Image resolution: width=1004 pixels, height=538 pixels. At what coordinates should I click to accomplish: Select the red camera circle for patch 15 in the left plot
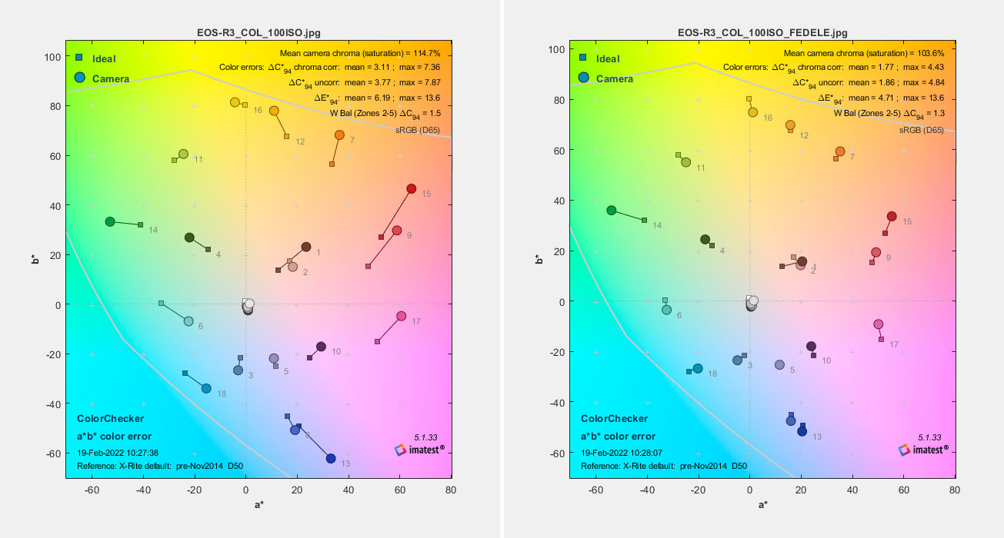tap(412, 189)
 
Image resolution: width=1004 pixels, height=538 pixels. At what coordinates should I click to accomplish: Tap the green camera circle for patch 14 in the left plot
tap(110, 221)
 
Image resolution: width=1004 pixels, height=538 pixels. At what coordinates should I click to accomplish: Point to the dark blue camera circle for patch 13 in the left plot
tap(331, 459)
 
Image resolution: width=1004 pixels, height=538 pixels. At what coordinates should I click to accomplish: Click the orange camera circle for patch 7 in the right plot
tap(840, 151)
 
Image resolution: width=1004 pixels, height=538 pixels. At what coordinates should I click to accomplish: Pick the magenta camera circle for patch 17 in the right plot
tap(879, 324)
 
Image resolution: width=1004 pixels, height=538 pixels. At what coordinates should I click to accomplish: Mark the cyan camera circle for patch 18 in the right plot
tap(698, 369)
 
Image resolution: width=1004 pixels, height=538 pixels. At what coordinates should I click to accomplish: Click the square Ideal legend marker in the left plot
tap(79, 58)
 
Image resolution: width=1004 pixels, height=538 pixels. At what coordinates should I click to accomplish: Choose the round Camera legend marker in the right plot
tap(585, 78)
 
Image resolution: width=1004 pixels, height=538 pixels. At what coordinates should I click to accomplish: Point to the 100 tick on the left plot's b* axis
tap(52, 57)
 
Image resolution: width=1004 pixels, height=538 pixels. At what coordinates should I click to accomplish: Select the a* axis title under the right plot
tap(762, 504)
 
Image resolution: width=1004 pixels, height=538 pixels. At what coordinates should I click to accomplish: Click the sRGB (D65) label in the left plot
tap(417, 130)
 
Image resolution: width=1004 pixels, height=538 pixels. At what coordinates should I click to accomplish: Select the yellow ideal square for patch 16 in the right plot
tap(749, 98)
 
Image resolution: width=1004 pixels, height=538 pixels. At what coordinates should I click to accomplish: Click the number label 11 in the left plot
tap(198, 160)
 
